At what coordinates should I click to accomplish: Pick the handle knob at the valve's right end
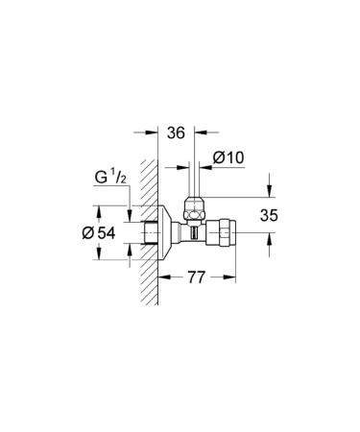click(227, 233)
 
